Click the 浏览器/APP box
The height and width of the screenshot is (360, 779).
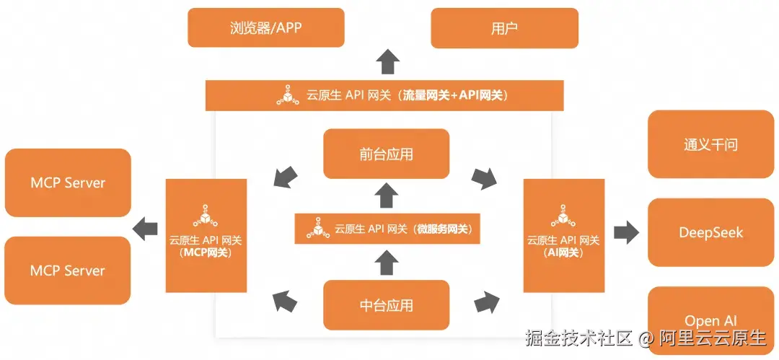point(266,28)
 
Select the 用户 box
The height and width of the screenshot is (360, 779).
point(504,28)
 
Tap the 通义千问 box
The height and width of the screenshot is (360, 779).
point(710,144)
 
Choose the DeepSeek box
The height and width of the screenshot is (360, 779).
point(710,232)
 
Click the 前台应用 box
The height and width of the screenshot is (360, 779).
point(387,154)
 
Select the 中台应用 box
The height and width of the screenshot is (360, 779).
point(387,305)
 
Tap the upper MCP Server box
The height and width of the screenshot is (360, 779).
point(68,183)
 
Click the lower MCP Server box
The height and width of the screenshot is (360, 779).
point(68,271)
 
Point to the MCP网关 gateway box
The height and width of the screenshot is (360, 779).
point(206,235)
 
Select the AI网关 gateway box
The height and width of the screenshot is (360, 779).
point(563,235)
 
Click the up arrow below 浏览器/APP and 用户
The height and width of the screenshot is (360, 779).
point(389,63)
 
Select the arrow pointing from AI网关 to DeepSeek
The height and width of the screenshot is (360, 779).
point(626,232)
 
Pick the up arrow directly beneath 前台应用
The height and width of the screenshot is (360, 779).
point(388,195)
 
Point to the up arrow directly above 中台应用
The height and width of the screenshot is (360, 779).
point(388,263)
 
